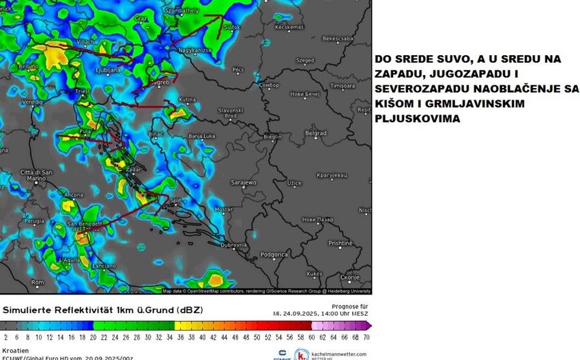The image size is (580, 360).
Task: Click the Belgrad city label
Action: [316, 134]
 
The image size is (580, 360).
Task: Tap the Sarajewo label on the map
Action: [243, 183]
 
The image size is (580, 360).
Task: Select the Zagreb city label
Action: [160, 82]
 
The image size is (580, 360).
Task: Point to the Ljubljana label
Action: [108, 70]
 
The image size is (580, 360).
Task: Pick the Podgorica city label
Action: [275, 254]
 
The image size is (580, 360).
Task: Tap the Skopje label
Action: [349, 277]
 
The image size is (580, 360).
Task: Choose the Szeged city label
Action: [305, 61]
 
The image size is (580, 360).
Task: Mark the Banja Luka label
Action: [202, 136]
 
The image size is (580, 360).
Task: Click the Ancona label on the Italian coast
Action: [73, 196]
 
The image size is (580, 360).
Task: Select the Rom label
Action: [38, 282]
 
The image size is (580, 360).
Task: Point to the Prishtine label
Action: [340, 243]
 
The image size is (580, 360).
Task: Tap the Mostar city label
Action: [223, 209]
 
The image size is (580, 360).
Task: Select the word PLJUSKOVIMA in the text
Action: [417, 119]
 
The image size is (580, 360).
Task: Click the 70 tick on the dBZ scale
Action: [366, 337]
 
